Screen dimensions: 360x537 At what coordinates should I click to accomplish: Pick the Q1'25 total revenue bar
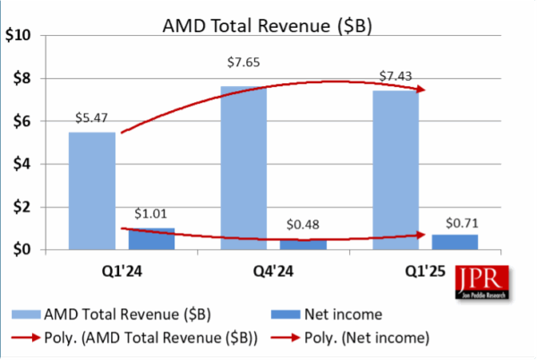395,170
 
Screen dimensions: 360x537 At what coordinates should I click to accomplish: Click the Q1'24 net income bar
152,238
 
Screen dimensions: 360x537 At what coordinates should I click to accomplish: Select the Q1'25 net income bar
455,242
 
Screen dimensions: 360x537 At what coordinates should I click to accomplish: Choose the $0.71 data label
455,221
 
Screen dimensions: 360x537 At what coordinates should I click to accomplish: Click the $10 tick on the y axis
19,36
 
